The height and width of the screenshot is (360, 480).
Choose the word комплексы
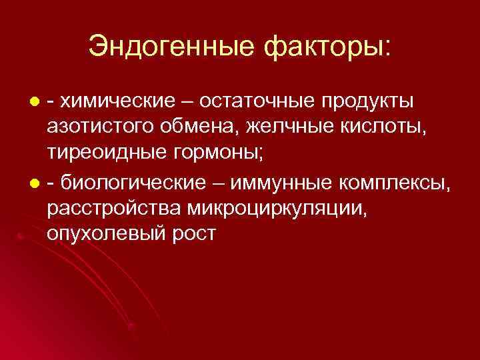pyautogui.click(x=393, y=182)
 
